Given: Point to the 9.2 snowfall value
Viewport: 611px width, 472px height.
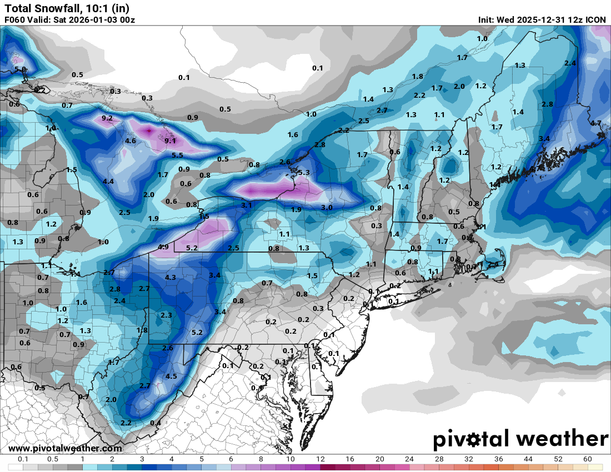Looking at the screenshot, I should tap(107, 118).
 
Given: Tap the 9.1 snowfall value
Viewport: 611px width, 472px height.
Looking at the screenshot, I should tap(171, 140).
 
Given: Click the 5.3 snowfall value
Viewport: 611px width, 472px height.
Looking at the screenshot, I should tap(304, 173).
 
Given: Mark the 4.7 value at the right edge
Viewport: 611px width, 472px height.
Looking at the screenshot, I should tap(596, 123).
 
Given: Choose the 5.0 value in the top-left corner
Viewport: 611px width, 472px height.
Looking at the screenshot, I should tap(21, 69).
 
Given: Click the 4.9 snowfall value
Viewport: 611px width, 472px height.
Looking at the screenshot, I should tap(163, 247).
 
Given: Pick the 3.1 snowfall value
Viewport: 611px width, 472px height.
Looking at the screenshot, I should tap(247, 205).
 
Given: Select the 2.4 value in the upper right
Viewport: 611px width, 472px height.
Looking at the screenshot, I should tap(570, 63).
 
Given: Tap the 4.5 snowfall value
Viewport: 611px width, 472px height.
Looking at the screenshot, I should tap(171, 376).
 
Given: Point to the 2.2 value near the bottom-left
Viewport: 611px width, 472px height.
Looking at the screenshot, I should tap(126, 423).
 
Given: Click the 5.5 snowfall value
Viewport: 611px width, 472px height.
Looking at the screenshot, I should tap(177, 155).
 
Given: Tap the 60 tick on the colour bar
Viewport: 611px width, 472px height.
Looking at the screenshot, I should tap(587, 459).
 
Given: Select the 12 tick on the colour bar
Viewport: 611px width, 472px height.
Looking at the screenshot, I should tap(320, 459).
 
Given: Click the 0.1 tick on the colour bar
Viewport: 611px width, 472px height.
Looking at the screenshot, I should tap(23, 459).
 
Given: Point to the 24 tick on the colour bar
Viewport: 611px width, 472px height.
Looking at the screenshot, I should tap(409, 459).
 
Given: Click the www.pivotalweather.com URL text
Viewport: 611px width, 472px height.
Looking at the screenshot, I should tap(65, 448).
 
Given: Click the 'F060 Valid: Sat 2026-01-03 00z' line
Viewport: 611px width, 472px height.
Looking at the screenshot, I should tap(69, 19).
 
